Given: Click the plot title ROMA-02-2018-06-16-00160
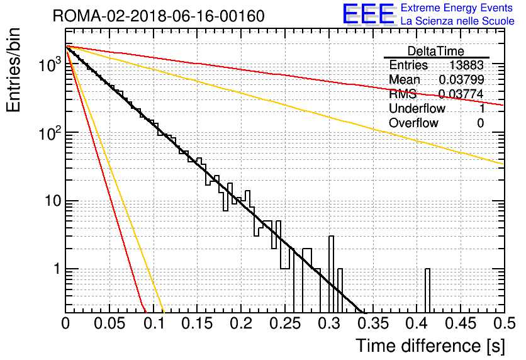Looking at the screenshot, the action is click(159, 16).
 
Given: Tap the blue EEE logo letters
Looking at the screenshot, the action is click(368, 14).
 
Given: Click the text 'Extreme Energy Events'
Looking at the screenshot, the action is click(457, 8).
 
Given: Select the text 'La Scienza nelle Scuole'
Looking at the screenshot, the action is click(457, 21).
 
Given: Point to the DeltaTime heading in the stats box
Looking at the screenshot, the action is click(436, 51).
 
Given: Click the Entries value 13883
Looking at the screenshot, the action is click(466, 65).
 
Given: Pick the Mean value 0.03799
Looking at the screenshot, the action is click(461, 79).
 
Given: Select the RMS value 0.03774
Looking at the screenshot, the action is click(461, 94).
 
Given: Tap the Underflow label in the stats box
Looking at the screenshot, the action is click(417, 108).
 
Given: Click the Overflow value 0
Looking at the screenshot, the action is click(480, 123).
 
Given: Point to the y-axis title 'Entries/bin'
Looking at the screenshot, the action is click(13, 70).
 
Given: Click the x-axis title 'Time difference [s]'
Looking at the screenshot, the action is click(430, 346).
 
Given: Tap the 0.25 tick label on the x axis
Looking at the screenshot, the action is click(285, 323).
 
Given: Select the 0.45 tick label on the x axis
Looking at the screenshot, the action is click(461, 323).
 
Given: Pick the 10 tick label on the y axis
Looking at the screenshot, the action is click(53, 201).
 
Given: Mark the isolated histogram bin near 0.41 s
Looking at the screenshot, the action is click(427, 291).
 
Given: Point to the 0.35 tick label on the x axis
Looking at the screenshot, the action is click(372, 323).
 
